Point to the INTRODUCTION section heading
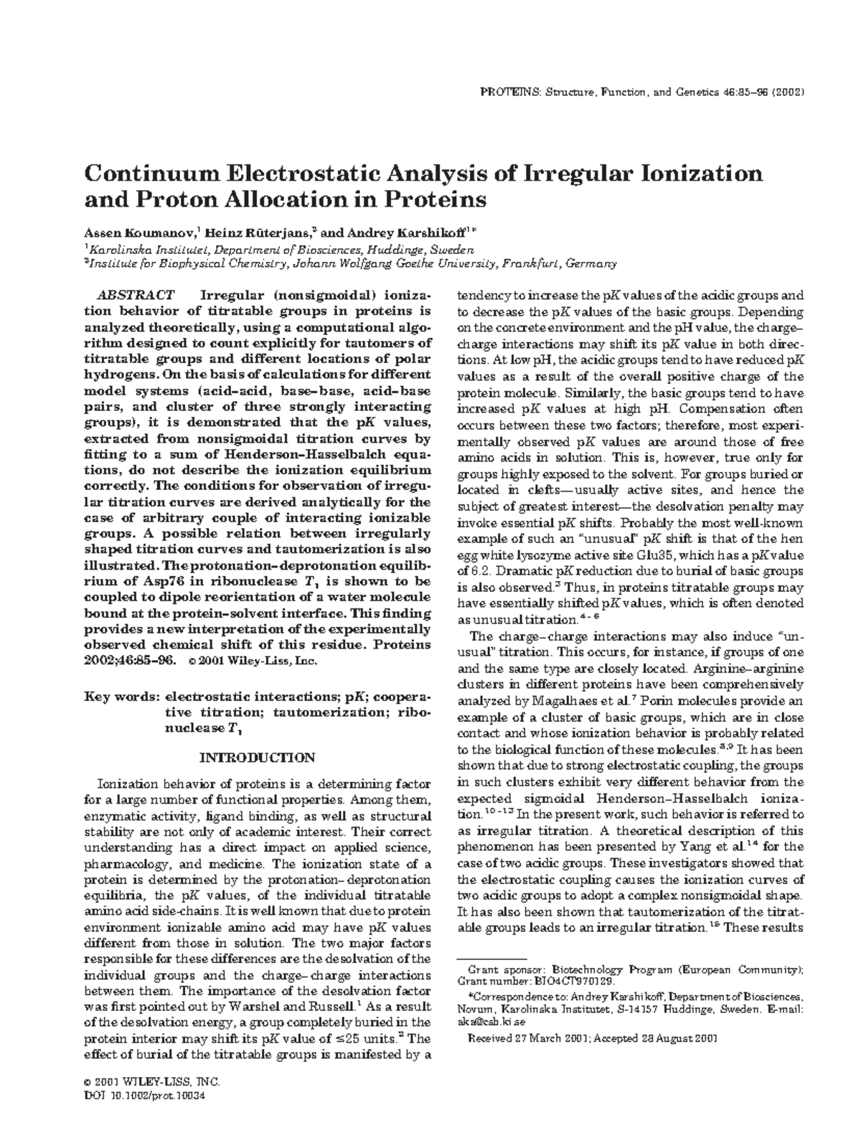(256, 758)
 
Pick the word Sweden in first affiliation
(455, 249)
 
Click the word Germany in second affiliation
(591, 263)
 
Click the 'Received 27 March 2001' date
(527, 1038)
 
